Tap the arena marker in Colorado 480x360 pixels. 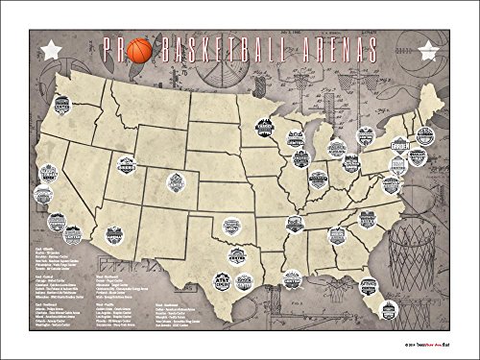pyautogui.click(x=174, y=180)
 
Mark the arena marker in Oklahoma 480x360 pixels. pyautogui.click(x=233, y=228)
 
